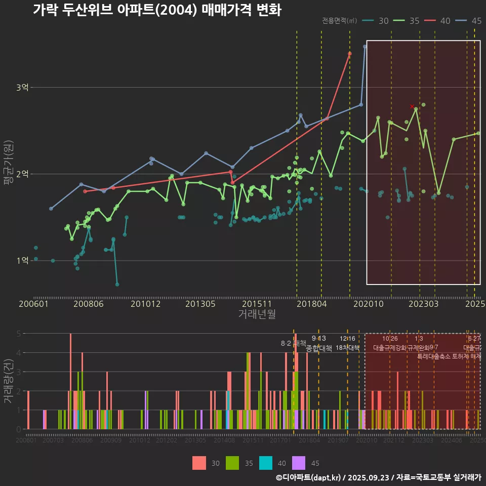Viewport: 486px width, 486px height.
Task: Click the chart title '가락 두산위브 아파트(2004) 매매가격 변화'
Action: (x=156, y=10)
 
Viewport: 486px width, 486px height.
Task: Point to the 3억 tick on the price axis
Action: (x=22, y=88)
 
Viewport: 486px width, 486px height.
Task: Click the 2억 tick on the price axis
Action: (x=22, y=174)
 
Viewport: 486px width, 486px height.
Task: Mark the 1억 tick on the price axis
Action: (x=22, y=261)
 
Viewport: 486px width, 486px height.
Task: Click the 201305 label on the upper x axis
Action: (x=200, y=304)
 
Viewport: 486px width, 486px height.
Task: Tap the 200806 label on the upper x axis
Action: (x=89, y=304)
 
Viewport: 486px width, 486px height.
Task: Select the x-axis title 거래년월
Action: (x=257, y=314)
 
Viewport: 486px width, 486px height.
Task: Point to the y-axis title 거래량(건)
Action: (x=8, y=381)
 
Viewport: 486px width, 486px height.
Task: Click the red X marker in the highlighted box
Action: (x=412, y=106)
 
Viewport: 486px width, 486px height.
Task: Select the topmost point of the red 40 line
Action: (x=350, y=53)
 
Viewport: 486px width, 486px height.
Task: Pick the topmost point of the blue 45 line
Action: (x=365, y=47)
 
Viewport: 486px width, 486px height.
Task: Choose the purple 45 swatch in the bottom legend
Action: (x=299, y=463)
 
